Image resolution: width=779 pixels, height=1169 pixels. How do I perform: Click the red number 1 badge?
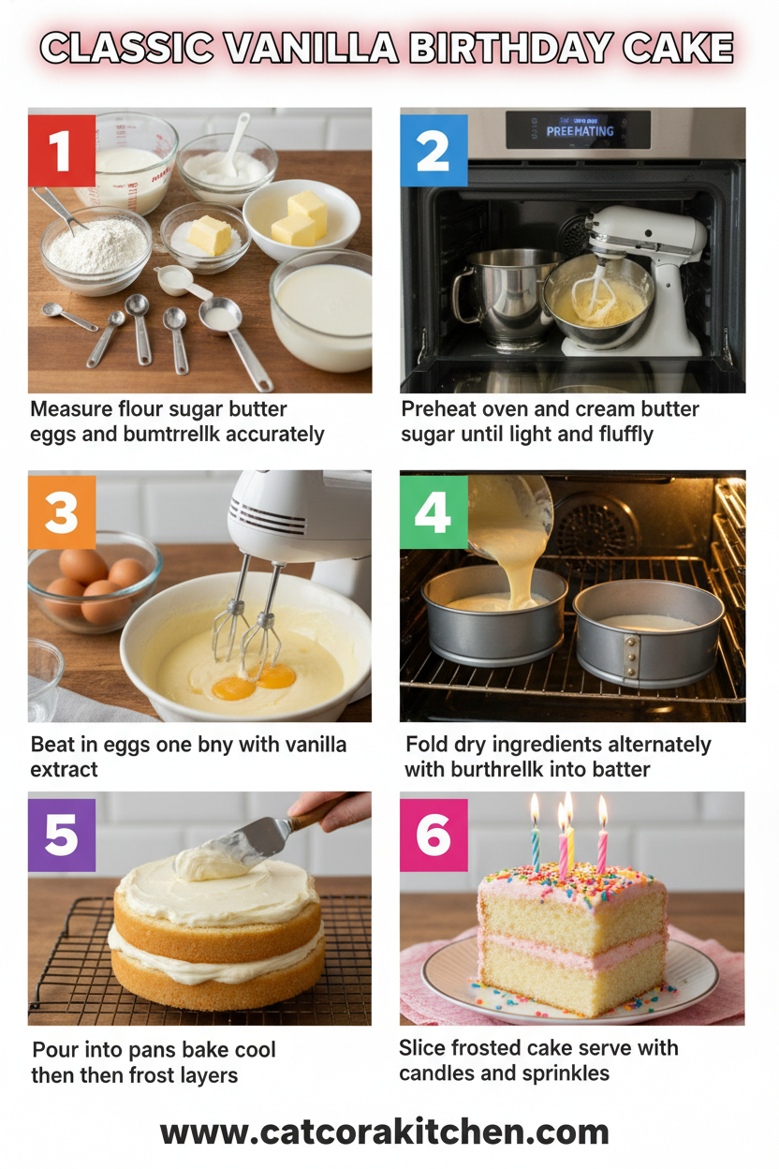point(62,150)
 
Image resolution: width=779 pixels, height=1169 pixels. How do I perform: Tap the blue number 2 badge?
point(434,150)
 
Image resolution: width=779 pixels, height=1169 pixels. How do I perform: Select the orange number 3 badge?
point(62,511)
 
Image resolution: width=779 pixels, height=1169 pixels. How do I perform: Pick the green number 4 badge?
point(434,511)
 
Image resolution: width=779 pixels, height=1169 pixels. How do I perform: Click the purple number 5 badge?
point(62,834)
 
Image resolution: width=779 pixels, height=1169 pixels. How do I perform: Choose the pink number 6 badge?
point(434,834)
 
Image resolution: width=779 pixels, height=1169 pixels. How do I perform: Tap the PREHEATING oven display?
point(579,131)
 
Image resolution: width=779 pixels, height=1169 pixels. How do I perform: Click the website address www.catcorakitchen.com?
point(385,1132)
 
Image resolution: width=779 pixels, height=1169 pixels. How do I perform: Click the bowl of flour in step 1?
point(96,247)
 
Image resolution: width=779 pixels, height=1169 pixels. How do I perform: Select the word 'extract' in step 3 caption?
point(65,769)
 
